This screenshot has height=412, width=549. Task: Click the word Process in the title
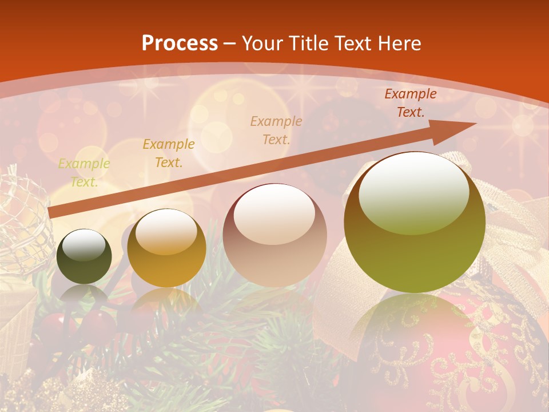(x=180, y=43)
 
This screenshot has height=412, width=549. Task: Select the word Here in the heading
(x=398, y=43)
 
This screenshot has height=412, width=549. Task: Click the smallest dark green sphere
(x=84, y=256)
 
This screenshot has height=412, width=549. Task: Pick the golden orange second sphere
(x=166, y=248)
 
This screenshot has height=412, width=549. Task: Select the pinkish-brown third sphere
(x=274, y=235)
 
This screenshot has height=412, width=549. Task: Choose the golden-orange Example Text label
(x=169, y=153)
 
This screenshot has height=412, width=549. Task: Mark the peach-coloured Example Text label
(x=276, y=130)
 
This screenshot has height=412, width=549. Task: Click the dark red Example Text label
(x=410, y=103)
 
